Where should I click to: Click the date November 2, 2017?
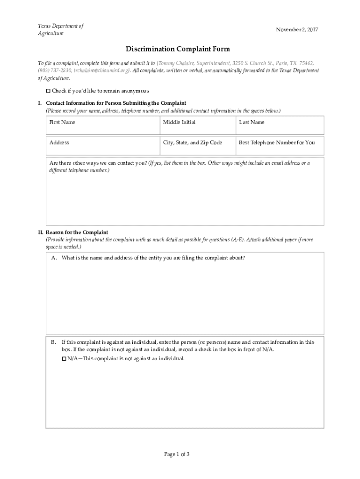297,30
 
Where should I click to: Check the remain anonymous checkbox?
48,91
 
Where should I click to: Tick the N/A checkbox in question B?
64,359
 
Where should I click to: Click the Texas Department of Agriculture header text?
60,29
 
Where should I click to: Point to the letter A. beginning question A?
54,258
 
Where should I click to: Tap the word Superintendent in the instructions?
212,63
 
